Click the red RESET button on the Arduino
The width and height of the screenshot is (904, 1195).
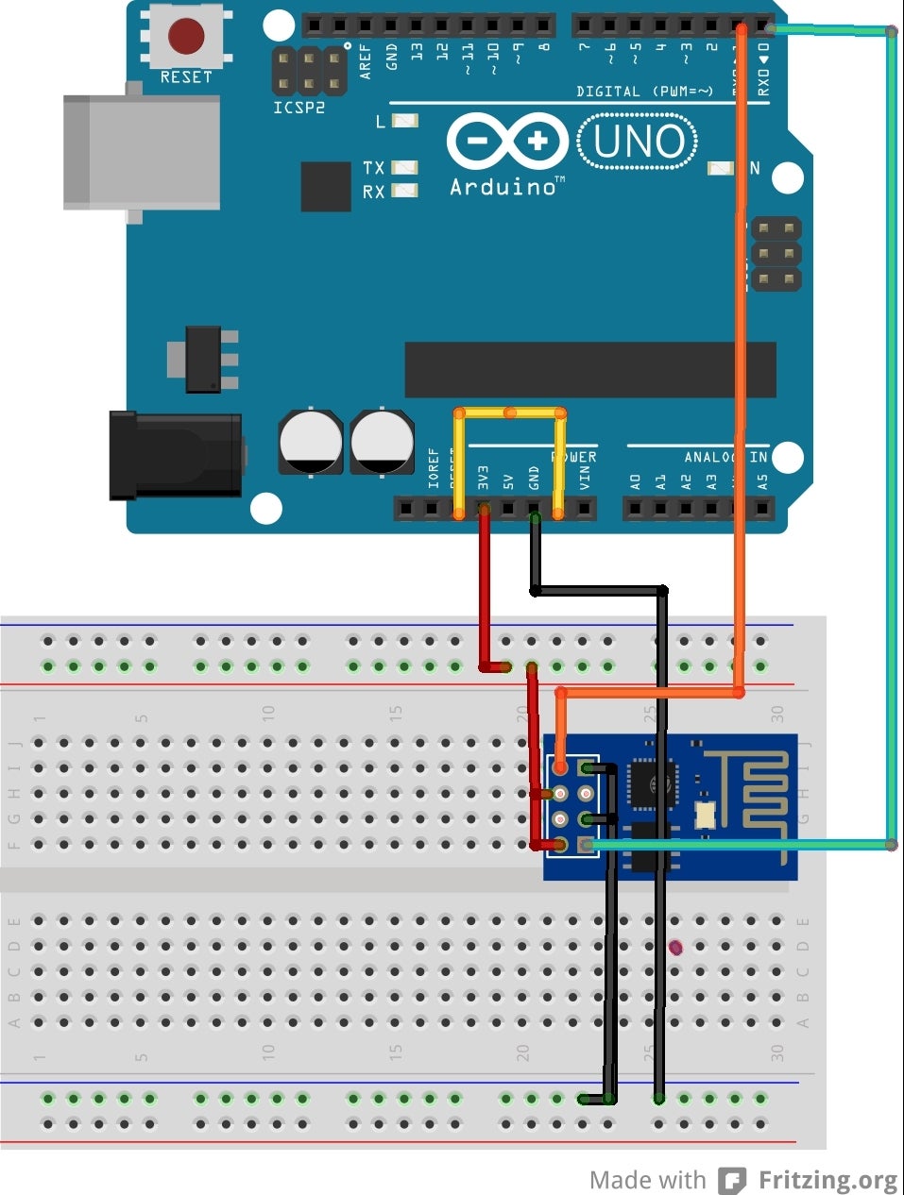[186, 37]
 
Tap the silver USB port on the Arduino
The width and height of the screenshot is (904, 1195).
[142, 151]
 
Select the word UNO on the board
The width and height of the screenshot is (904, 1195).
[639, 143]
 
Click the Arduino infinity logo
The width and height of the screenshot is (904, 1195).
[507, 143]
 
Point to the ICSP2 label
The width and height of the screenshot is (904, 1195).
[298, 108]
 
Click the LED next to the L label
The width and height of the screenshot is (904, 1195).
[405, 121]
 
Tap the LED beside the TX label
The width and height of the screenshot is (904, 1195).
[405, 167]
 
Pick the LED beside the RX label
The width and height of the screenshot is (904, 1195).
[405, 191]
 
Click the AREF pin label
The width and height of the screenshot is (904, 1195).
[366, 59]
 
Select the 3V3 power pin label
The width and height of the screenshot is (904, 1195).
[483, 476]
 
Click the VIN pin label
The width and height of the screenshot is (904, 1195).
[585, 478]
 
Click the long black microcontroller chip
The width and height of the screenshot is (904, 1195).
[590, 369]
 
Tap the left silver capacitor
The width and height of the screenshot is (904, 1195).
[311, 442]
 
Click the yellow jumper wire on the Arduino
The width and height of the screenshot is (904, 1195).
[510, 412]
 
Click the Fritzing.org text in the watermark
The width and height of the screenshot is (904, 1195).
[827, 1180]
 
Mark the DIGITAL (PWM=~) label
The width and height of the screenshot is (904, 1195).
[644, 92]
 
